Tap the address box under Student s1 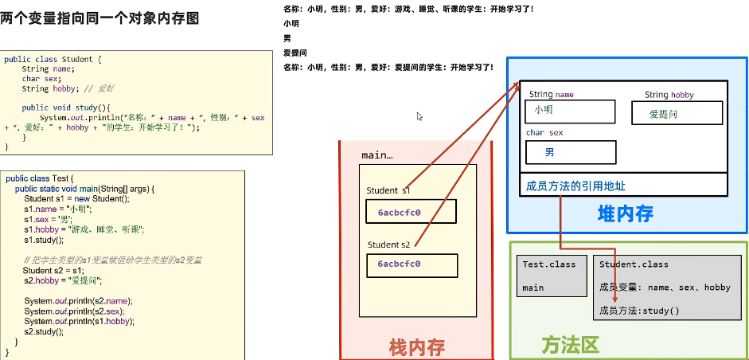411,212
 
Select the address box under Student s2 412,264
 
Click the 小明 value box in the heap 571,111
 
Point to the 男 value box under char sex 571,152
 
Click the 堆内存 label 625,213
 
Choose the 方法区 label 569,344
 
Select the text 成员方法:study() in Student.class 639,310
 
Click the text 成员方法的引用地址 575,186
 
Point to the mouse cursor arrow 419,116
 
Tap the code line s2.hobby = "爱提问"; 63,280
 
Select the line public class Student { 53,59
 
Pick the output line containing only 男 287,38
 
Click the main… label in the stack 377,155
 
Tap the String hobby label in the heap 669,95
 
